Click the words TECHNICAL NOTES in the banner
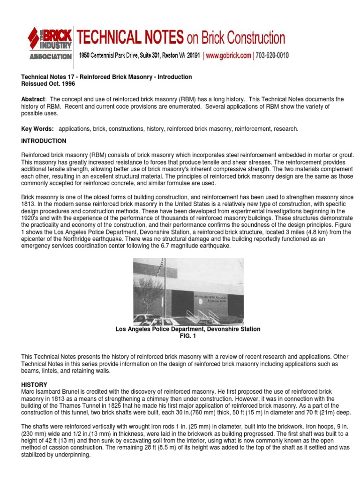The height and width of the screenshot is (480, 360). coord(130,37)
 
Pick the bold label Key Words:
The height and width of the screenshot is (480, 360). coord(37,128)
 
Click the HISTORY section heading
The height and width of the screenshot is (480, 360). coord(34,384)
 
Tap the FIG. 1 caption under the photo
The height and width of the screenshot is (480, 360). coord(188,336)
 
